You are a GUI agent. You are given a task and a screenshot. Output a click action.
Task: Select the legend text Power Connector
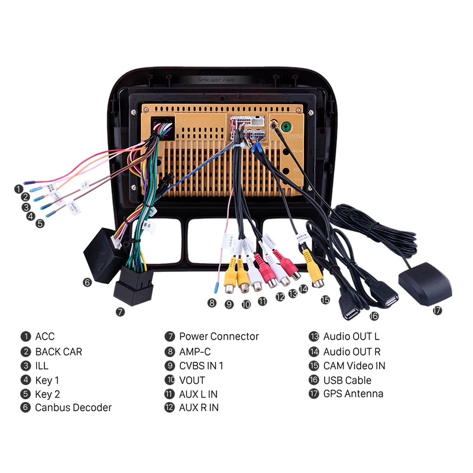(219, 336)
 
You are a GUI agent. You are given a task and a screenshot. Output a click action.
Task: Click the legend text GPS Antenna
(353, 394)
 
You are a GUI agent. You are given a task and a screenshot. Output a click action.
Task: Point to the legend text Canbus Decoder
(73, 407)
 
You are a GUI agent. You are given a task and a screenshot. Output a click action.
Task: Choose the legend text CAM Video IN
(354, 366)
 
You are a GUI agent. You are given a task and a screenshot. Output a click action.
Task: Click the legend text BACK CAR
(59, 352)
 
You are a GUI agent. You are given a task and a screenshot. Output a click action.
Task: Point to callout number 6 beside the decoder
(88, 282)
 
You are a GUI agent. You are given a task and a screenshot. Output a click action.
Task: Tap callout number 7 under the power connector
(121, 311)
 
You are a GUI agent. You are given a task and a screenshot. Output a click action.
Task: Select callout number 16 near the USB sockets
(374, 316)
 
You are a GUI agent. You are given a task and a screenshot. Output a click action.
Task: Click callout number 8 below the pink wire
(212, 303)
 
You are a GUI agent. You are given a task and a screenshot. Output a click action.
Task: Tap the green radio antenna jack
(286, 126)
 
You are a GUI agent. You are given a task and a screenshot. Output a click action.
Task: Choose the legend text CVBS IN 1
(201, 366)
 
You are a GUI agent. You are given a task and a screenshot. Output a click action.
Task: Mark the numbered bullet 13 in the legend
(313, 337)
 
